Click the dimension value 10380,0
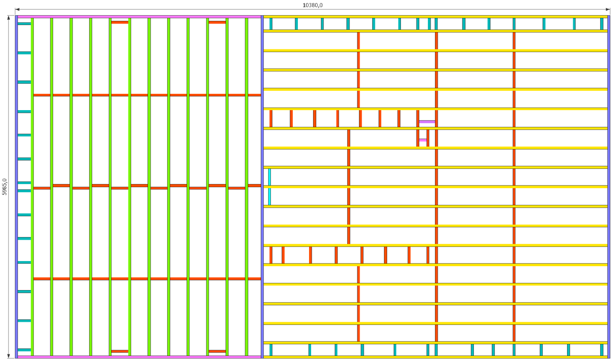[313, 5]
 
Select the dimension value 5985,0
[5, 187]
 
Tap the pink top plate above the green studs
[139, 17]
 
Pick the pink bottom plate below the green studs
[139, 356]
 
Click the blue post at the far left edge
[16, 187]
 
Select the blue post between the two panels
[262, 187]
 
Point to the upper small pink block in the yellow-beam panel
[427, 122]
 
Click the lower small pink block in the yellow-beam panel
[422, 140]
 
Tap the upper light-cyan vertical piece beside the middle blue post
[269, 176]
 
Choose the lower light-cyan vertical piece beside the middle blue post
[269, 196]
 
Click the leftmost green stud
[32, 187]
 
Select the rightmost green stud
[247, 187]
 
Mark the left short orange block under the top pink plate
[120, 22]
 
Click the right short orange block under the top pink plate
[217, 22]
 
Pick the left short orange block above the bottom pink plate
[120, 351]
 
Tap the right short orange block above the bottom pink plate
[217, 351]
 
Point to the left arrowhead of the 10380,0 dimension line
[17, 9]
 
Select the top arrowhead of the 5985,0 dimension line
[9, 17]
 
